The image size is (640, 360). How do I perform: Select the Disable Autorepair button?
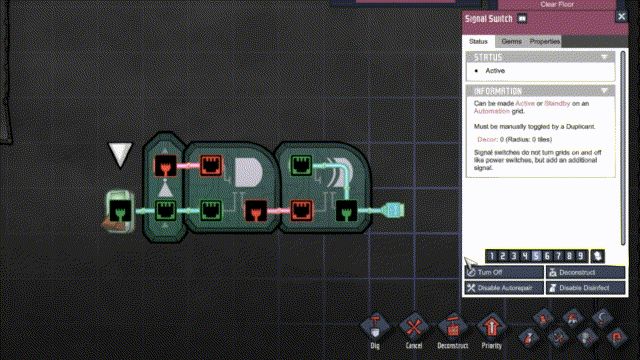503,288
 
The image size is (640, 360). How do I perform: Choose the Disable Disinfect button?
585,288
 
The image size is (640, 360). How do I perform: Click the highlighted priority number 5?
536,256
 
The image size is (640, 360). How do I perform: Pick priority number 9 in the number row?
581,256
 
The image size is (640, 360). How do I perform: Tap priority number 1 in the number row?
492,256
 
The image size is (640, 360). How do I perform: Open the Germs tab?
511,41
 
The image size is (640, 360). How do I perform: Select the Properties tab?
544,41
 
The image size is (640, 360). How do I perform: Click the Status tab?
478,41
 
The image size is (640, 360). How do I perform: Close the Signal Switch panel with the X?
621,18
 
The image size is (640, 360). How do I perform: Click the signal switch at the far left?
120,210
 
